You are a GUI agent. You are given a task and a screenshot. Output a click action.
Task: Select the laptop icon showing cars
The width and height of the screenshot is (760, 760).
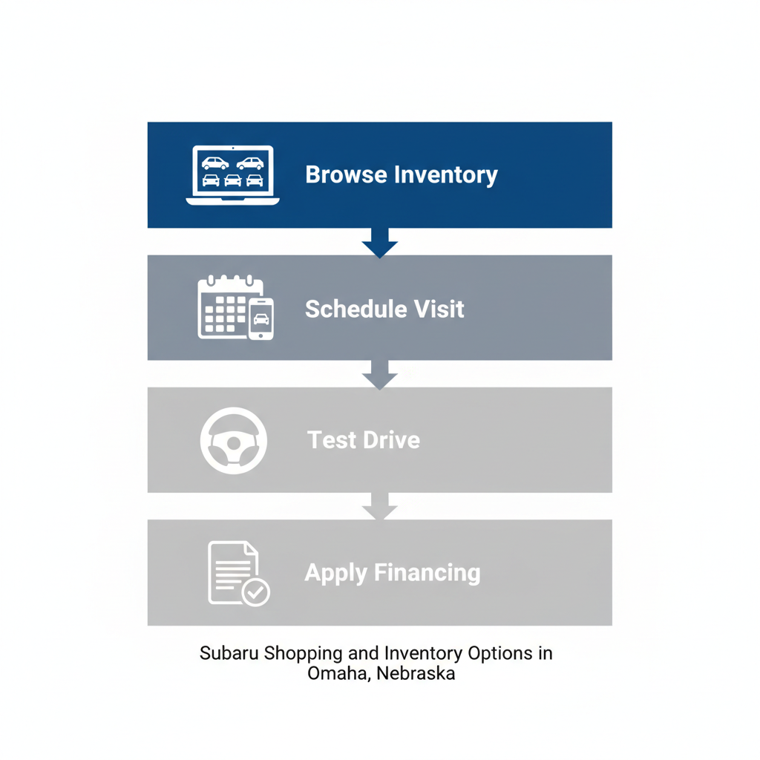click(x=232, y=175)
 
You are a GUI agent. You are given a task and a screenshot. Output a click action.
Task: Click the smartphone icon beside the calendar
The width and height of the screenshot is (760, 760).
click(x=261, y=318)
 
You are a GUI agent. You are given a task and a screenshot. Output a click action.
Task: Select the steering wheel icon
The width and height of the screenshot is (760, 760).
click(x=234, y=441)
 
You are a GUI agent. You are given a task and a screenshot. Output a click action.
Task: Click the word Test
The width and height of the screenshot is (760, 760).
click(x=332, y=440)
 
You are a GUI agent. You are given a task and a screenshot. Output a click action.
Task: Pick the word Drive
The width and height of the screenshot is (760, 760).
click(x=392, y=440)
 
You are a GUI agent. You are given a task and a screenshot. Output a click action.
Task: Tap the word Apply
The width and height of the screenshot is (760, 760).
click(x=336, y=573)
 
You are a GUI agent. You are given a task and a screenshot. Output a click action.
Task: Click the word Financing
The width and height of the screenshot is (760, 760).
click(x=427, y=573)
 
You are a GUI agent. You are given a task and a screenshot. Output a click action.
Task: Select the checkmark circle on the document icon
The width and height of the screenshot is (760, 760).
click(x=256, y=592)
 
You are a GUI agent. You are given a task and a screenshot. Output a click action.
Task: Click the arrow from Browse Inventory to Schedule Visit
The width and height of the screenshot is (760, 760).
click(x=380, y=243)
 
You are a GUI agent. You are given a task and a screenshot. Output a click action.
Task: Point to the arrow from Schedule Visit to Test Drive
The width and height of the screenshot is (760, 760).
click(x=380, y=376)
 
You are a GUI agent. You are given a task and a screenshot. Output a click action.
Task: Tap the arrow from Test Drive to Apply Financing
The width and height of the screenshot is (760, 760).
click(x=380, y=508)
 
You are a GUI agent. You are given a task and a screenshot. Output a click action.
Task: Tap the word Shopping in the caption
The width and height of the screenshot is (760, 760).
click(x=304, y=655)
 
